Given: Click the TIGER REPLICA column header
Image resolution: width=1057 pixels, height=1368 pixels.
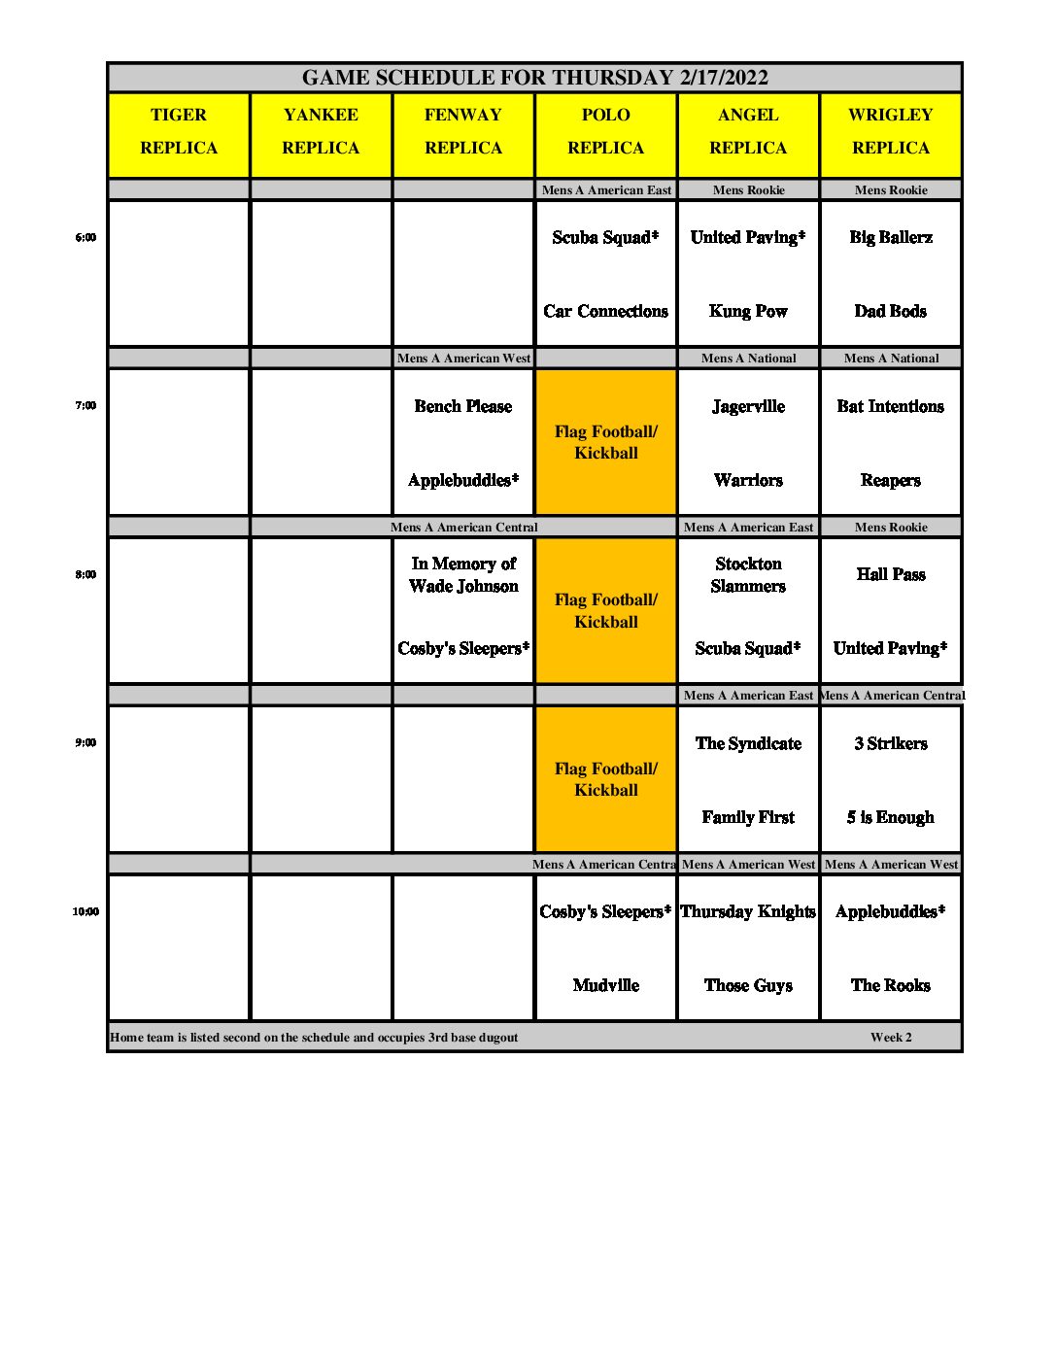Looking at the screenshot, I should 179,131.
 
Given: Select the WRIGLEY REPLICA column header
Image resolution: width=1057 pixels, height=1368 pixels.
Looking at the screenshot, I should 890,131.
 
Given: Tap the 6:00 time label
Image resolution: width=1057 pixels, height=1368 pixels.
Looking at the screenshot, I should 85,237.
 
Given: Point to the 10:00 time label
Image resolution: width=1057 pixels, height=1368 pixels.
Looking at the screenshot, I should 85,911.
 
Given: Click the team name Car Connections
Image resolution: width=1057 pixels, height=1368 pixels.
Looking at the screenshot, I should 605,311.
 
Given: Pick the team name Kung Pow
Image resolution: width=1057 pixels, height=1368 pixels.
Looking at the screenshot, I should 748,311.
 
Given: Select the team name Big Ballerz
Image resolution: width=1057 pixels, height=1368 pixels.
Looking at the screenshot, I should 890,237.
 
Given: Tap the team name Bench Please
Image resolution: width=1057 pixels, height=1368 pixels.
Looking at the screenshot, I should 462,406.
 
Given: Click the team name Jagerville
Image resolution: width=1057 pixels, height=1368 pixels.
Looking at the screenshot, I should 748,406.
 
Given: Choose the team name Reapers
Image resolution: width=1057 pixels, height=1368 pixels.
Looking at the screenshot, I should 890,480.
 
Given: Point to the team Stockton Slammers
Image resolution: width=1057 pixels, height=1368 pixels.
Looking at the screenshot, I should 748,574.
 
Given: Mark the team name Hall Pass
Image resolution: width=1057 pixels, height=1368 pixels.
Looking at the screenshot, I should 890,574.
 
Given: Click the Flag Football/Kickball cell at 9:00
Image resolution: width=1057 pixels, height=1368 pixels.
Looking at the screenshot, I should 605,779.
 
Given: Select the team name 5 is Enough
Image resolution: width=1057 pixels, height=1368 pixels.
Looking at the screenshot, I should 890,817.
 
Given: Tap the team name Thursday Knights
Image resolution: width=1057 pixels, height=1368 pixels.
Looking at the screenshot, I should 748,911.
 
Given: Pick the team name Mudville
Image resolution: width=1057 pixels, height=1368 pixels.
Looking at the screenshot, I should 605,985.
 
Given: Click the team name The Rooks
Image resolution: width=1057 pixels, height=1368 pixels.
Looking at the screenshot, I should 890,985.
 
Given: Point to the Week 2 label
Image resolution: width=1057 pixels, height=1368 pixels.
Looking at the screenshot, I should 891,1037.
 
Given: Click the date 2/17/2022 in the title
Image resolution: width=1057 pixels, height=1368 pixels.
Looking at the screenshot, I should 724,78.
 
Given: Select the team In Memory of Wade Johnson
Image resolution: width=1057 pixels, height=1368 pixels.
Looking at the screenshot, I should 463,574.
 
